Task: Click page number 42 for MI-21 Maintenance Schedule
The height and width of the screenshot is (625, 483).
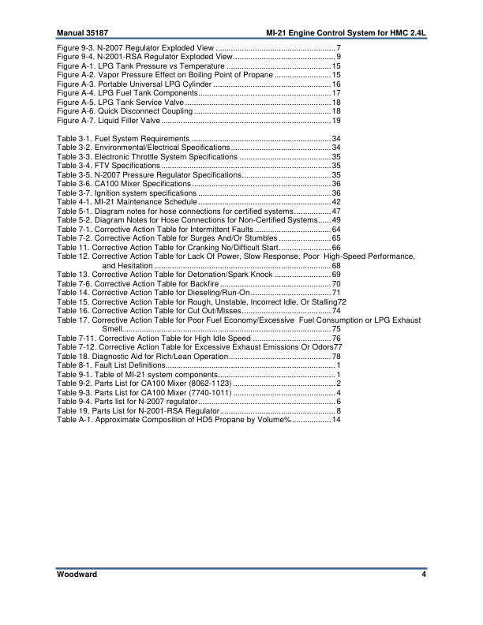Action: point(336,202)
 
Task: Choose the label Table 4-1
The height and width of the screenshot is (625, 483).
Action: point(74,202)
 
